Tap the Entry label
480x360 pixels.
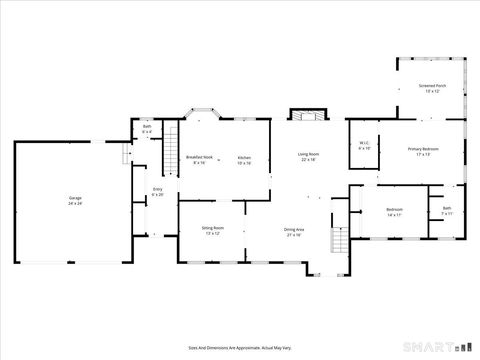[157, 191]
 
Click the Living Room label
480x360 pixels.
[307, 157]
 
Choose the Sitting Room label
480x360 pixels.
[212, 230]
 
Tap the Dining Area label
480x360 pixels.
[294, 231]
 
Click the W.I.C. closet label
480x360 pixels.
[365, 144]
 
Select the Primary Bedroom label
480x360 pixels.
[423, 151]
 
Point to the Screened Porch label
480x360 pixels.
[432, 89]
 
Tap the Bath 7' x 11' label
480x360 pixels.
[447, 212]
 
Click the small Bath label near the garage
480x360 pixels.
[146, 128]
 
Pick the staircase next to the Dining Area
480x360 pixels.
[339, 241]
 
